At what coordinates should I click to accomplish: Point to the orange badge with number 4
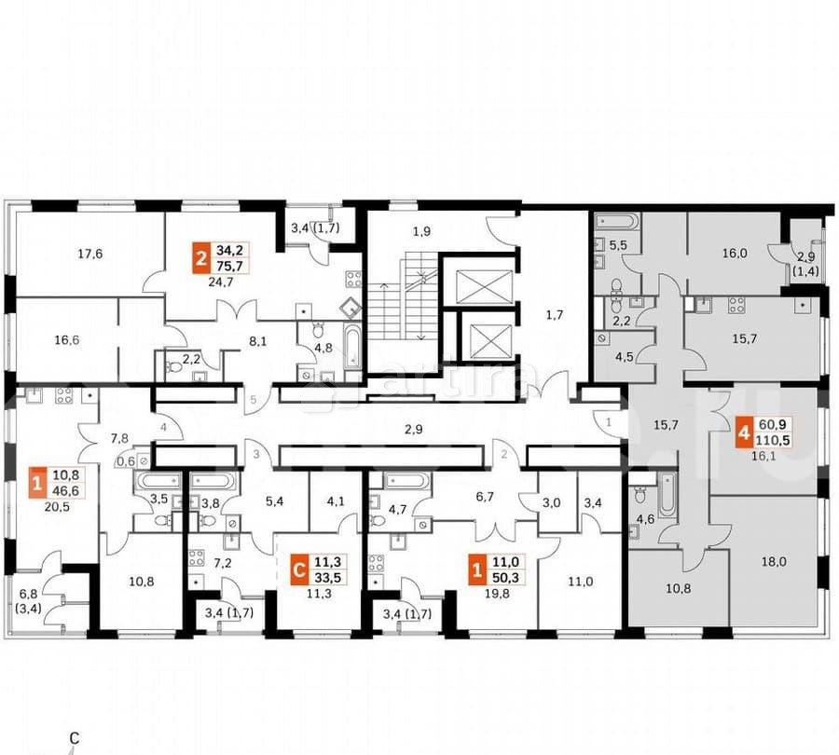click(x=743, y=432)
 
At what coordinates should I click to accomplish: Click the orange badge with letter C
click(x=298, y=568)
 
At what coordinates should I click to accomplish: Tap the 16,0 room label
click(x=734, y=252)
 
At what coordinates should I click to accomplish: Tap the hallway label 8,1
click(x=257, y=341)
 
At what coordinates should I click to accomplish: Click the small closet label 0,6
click(x=125, y=459)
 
